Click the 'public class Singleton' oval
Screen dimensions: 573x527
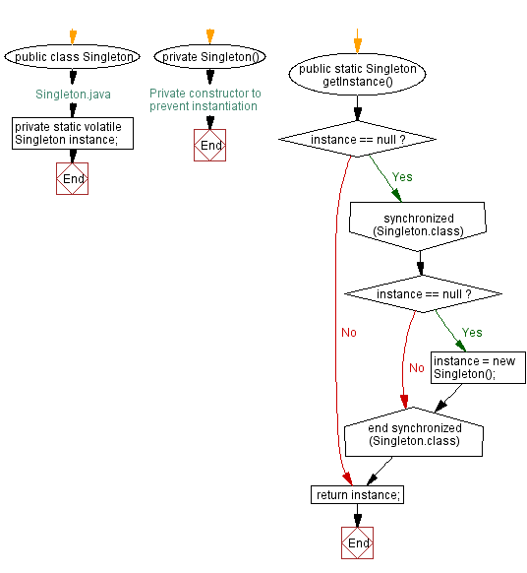click(73, 57)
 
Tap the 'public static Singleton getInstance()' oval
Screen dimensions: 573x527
click(358, 76)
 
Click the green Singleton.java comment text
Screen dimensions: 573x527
click(73, 95)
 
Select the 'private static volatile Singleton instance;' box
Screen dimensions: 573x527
click(73, 133)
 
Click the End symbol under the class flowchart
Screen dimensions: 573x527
click(73, 178)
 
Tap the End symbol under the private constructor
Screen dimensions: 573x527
click(210, 146)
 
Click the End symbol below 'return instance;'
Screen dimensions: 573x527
click(358, 542)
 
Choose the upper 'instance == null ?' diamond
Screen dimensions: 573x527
click(358, 140)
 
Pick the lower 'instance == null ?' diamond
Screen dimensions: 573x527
click(423, 294)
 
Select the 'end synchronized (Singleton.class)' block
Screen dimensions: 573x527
click(414, 434)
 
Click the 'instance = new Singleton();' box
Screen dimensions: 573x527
click(478, 367)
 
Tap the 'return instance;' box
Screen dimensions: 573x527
click(358, 494)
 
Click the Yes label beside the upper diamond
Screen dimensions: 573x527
click(402, 178)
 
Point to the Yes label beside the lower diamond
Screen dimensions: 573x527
click(472, 333)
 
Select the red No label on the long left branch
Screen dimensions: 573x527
click(348, 333)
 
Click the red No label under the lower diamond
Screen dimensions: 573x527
click(416, 368)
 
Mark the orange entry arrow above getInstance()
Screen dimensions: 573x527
click(358, 43)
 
